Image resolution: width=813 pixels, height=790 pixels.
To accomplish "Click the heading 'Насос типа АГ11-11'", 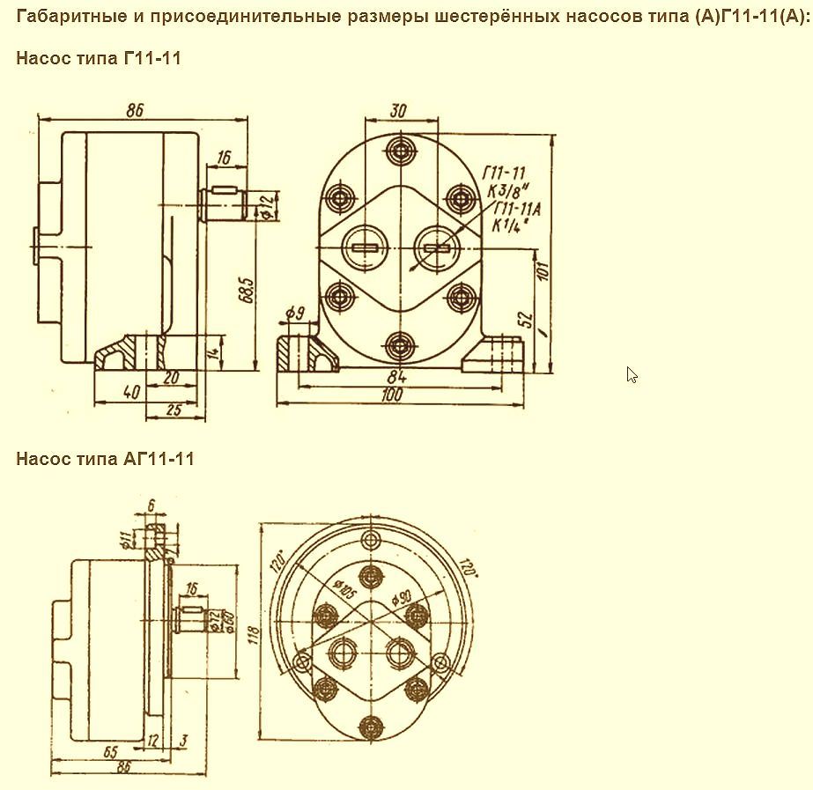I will pyautogui.click(x=105, y=459).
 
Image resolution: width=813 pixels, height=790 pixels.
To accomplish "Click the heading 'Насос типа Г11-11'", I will pyautogui.click(x=98, y=58).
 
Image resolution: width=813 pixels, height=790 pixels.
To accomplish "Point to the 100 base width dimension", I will pyautogui.click(x=394, y=395).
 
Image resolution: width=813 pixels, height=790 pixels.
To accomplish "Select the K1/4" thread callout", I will pyautogui.click(x=508, y=225).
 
